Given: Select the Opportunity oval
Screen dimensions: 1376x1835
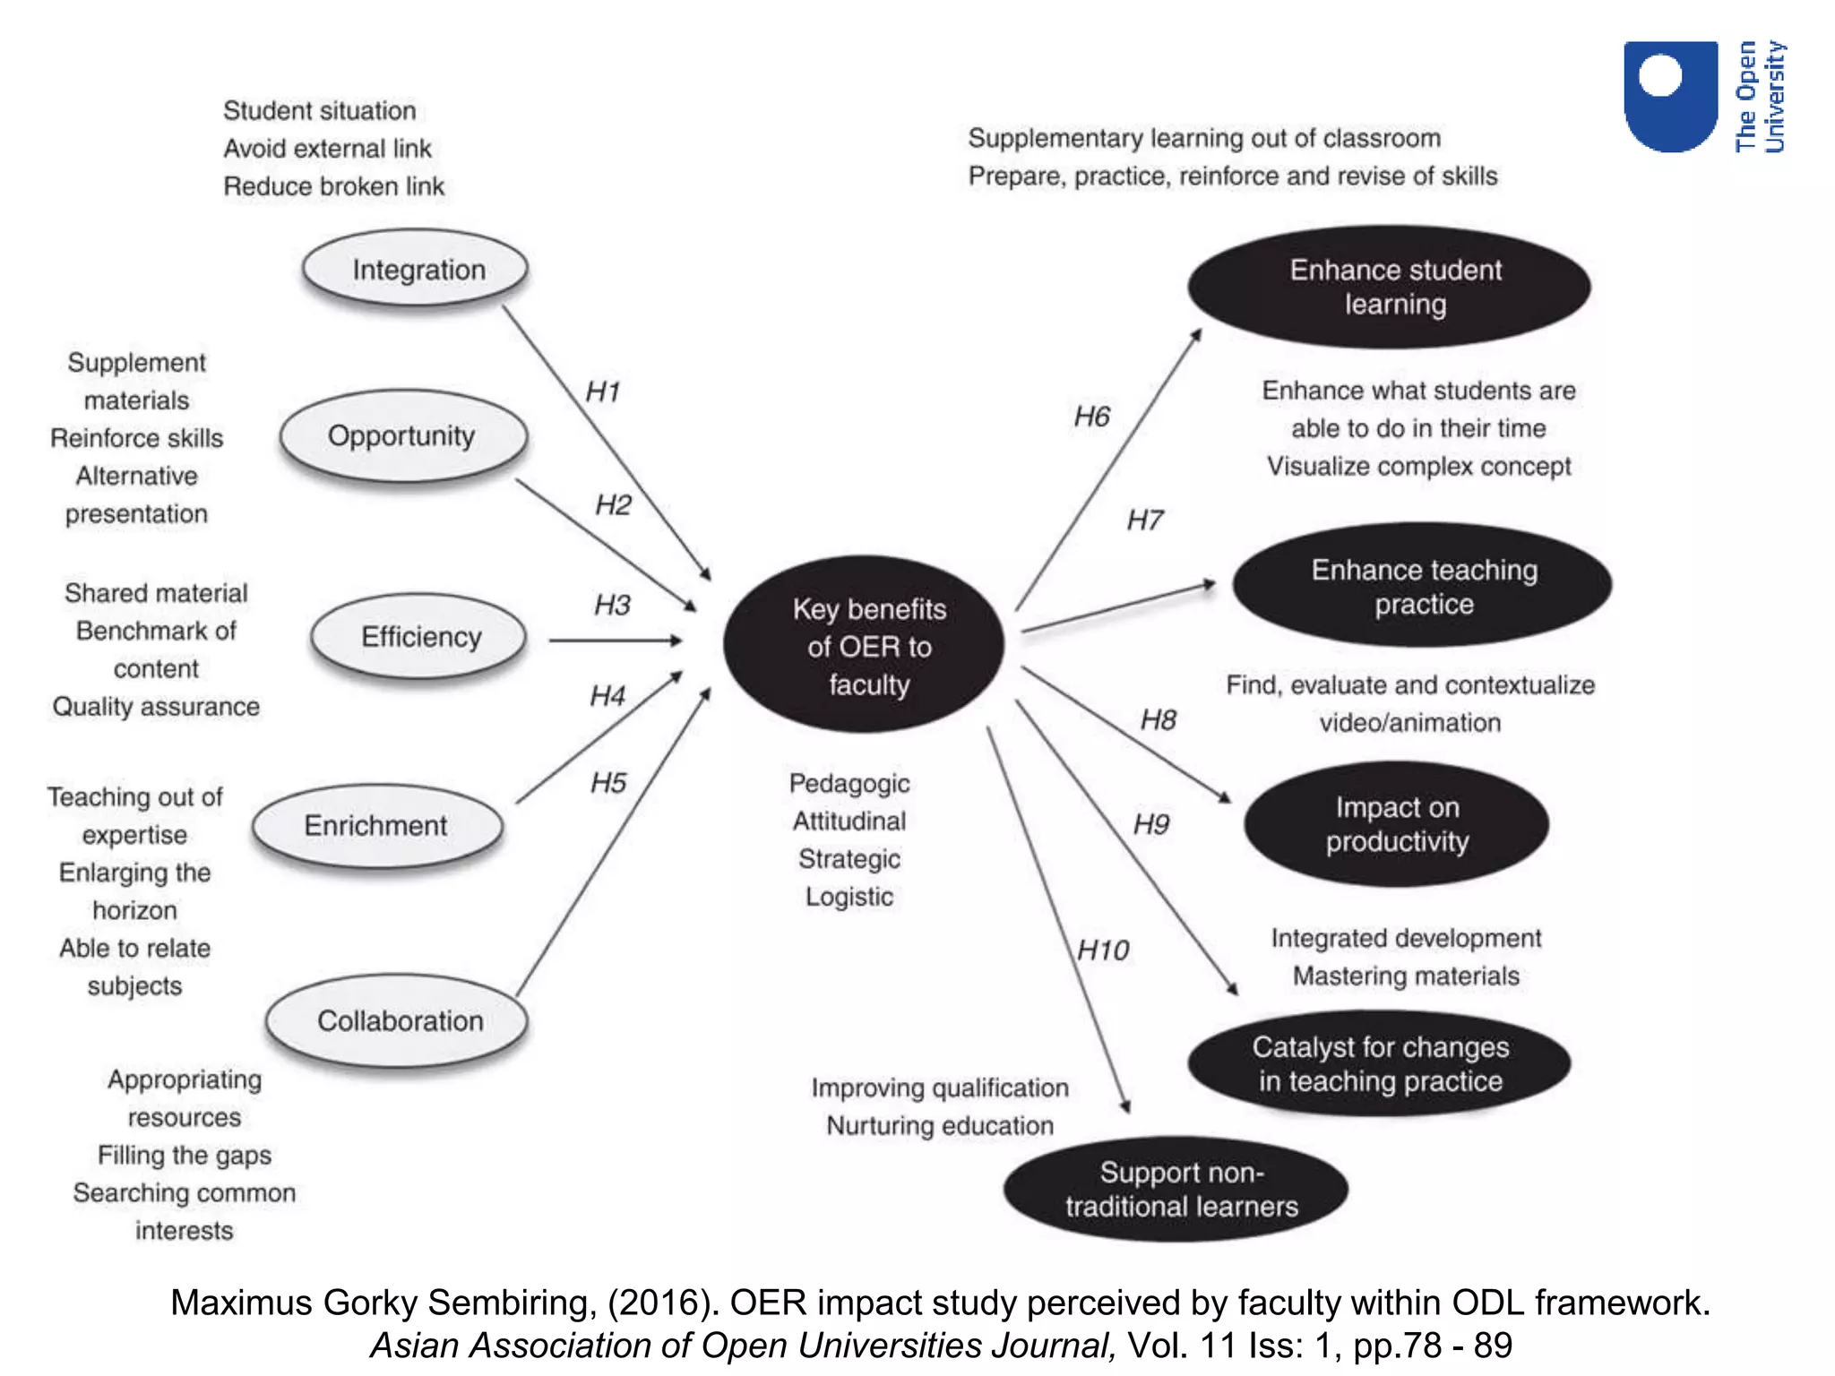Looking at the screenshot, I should point(402,436).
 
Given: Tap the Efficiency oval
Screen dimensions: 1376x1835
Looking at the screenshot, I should point(419,637).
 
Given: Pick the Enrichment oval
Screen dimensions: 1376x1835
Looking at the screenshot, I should point(376,825).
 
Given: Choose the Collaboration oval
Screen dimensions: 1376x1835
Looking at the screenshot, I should point(399,1020).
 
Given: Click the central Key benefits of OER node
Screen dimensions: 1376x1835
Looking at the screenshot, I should point(866,645).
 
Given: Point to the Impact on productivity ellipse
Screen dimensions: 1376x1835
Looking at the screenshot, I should point(1396,824).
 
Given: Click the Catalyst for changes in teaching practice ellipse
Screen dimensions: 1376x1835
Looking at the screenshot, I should point(1379,1063).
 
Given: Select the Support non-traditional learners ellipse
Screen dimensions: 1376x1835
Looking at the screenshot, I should point(1178,1189).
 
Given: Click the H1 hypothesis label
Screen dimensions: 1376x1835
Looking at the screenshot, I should point(603,391).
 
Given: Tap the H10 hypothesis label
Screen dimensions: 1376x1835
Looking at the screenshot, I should point(1103,950).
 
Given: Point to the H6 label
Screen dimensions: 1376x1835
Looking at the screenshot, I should point(1091,417).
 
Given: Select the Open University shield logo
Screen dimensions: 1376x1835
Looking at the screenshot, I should point(1669,96).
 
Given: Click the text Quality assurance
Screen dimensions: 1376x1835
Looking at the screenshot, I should point(156,707).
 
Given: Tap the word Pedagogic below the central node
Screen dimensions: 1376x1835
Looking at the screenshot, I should point(849,783).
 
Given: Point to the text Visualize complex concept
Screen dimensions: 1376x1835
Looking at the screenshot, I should point(1418,466).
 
